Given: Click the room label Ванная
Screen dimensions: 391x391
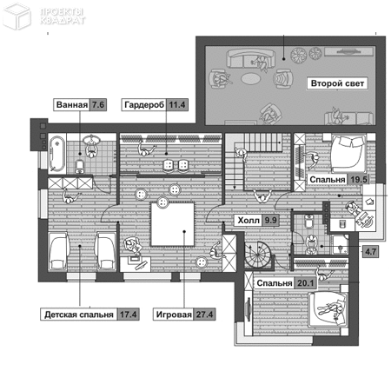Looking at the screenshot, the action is pos(72,104).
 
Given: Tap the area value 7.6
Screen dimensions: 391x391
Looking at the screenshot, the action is pos(98,104).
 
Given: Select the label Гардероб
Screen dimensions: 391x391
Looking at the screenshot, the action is pos(144,104).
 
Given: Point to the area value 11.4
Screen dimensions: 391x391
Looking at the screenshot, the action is pos(177,104).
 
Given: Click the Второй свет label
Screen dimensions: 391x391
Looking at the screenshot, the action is pos(337,83).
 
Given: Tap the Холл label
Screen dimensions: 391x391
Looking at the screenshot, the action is pos(249,221).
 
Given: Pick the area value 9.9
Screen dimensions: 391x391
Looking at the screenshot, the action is pos(270,221).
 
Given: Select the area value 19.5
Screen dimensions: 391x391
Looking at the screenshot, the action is pos(359,180).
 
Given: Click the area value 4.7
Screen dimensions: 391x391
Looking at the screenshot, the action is pos(370,251).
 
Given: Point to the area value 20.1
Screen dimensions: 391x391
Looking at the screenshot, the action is pos(306,283).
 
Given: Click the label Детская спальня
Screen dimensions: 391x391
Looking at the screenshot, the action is pos(79,315).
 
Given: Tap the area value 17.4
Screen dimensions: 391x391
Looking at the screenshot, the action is pos(129,315).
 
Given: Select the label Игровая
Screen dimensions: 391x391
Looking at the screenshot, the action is pos(174,315).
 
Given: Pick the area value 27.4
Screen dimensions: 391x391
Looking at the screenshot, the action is pos(204,315).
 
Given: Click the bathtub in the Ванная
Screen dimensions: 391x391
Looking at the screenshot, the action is pos(56,154).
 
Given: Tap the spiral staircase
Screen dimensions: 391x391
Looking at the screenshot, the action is pos(258,255).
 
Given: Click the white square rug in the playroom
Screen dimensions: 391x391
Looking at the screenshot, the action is pos(173,224).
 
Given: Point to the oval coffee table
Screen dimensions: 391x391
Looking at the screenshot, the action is pos(251,78).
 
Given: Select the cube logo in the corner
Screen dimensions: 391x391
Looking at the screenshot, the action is pos(17,17).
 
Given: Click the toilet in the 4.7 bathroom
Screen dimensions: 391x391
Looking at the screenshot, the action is pos(309,221).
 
